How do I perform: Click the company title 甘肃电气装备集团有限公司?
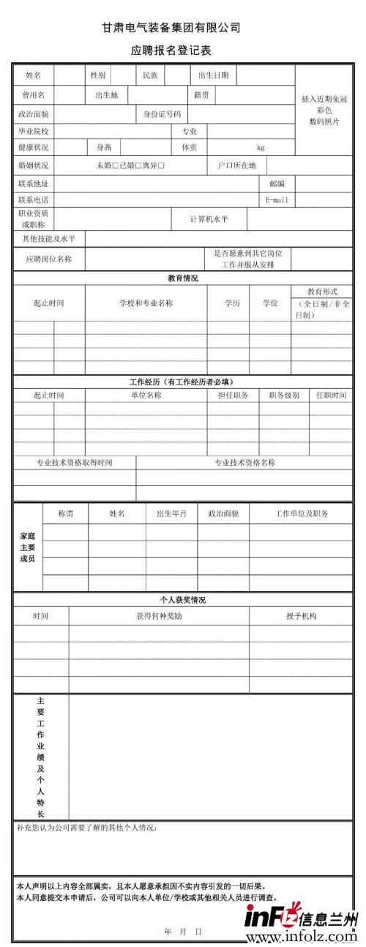(171, 28)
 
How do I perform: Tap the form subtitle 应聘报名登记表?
(171, 51)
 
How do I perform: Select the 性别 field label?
(98, 75)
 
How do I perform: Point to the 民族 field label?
(150, 75)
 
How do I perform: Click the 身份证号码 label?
(162, 114)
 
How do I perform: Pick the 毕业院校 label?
(33, 131)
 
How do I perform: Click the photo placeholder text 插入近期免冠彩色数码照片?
(324, 109)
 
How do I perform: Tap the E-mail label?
(277, 199)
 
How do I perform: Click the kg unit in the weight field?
(260, 147)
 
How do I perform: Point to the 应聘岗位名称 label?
(49, 259)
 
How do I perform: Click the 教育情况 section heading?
(182, 278)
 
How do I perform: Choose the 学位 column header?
(270, 302)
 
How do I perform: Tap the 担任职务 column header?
(233, 395)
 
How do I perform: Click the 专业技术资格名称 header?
(244, 462)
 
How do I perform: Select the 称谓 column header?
(65, 513)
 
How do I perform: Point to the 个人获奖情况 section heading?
(182, 600)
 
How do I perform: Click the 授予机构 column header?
(301, 616)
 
